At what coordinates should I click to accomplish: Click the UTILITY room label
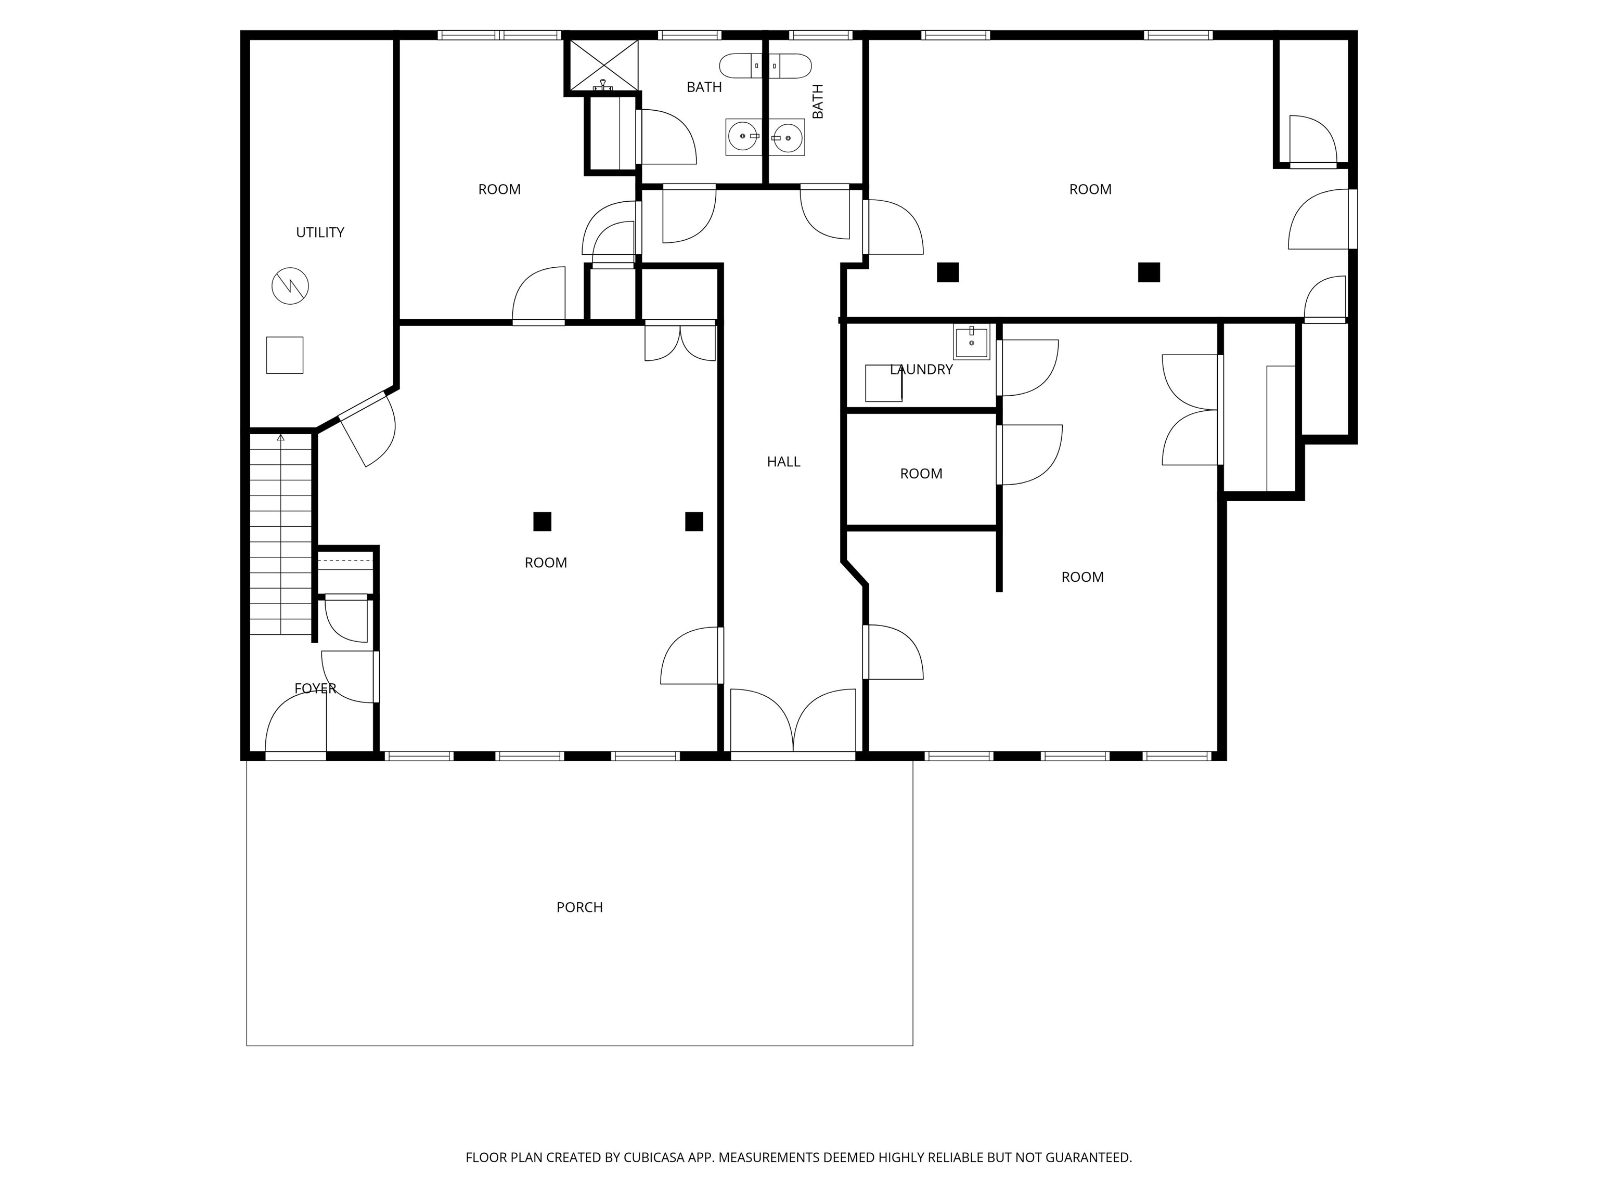[319, 232]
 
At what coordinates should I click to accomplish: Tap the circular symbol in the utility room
[290, 286]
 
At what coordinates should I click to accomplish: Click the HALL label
[783, 461]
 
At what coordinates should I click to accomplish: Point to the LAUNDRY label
[921, 370]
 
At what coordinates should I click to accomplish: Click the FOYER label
[315, 688]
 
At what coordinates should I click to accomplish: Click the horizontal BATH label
[704, 87]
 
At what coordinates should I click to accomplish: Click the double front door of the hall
[793, 722]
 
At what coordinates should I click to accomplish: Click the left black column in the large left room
[542, 522]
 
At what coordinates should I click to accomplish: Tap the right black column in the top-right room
[1148, 272]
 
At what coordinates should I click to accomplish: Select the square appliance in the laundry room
[883, 383]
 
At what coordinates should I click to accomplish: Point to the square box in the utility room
[284, 355]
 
